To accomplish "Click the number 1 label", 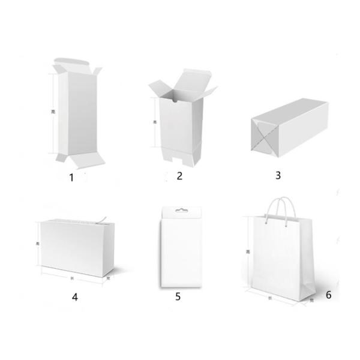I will (71, 177).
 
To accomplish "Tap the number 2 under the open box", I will (179, 175).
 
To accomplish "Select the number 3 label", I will (278, 175).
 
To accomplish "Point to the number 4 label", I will (75, 296).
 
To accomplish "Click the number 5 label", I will (178, 296).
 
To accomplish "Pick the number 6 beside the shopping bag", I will (328, 295).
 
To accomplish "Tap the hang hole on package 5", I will (179, 211).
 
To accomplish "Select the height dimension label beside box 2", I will (155, 122).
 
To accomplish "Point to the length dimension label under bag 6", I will (271, 298).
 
